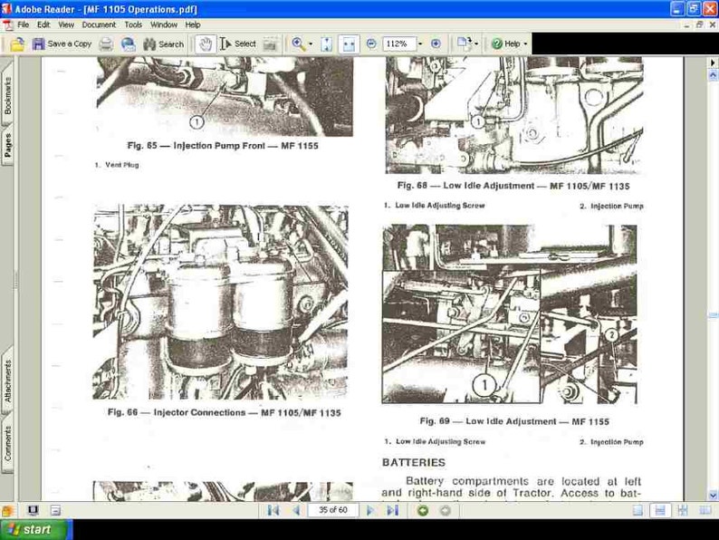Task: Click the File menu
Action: (x=23, y=24)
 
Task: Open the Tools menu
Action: (x=133, y=24)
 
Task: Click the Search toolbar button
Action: (x=163, y=43)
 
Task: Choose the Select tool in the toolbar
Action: (x=238, y=43)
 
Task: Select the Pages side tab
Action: (x=8, y=146)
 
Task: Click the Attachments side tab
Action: (x=8, y=381)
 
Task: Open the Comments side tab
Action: (x=8, y=444)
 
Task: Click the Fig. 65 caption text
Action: (x=223, y=145)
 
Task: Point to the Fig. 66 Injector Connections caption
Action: (x=224, y=412)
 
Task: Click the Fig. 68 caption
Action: (x=513, y=186)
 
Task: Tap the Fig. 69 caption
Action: (x=513, y=421)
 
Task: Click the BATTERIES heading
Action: (x=413, y=463)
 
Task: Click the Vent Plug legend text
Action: (x=116, y=165)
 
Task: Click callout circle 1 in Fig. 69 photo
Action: (x=484, y=385)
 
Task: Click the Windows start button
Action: (x=29, y=529)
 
